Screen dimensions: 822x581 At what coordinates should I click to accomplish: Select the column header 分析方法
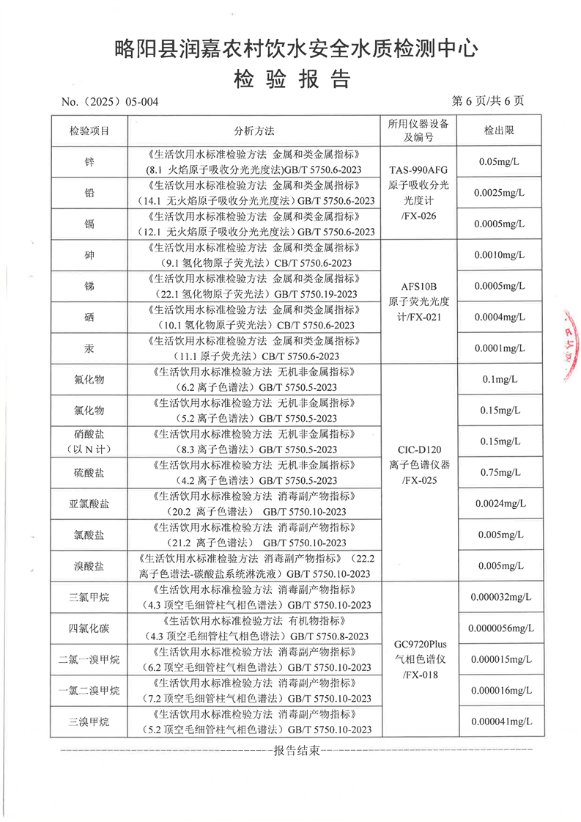point(254,131)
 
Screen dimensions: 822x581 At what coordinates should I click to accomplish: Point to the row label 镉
point(89,224)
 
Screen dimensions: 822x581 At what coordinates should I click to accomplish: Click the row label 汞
point(89,348)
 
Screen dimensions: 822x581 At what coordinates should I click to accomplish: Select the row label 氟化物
point(89,379)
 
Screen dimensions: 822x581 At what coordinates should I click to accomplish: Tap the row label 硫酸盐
point(89,472)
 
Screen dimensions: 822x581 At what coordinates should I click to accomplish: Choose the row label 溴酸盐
point(89,565)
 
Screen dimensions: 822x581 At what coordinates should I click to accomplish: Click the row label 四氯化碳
point(89,628)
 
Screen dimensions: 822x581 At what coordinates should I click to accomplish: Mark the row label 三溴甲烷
point(89,722)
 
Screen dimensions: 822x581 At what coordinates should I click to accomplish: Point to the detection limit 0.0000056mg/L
point(501,628)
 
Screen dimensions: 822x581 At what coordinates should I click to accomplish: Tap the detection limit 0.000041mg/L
point(501,722)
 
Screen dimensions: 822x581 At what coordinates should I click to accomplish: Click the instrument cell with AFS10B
point(418,301)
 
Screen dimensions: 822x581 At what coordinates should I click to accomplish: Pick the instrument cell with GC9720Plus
point(418,659)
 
